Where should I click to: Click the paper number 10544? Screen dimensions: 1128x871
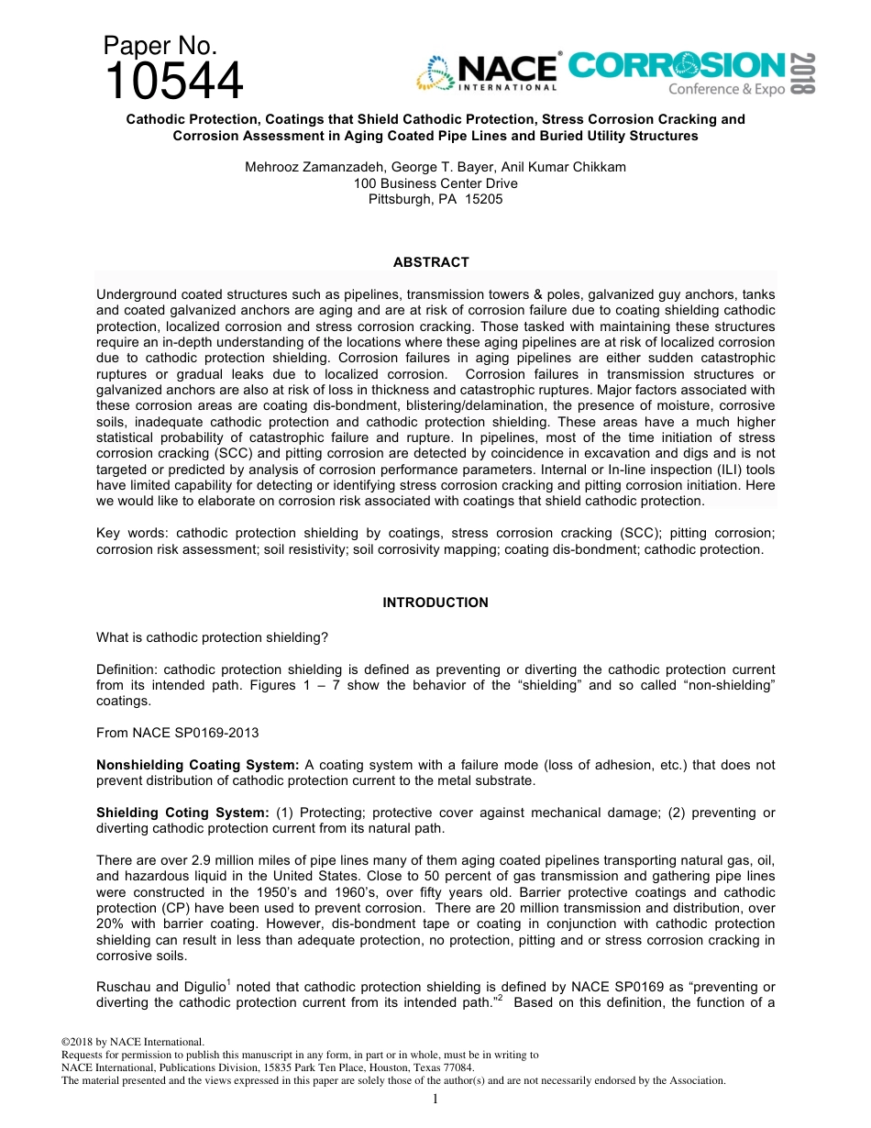(174, 82)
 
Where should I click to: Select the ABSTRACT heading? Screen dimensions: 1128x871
(431, 262)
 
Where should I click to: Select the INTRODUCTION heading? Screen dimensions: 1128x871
(435, 603)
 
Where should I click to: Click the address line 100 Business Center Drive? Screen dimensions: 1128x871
(435, 183)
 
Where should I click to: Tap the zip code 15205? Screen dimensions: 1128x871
(484, 199)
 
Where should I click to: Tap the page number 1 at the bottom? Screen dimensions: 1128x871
(435, 1099)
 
